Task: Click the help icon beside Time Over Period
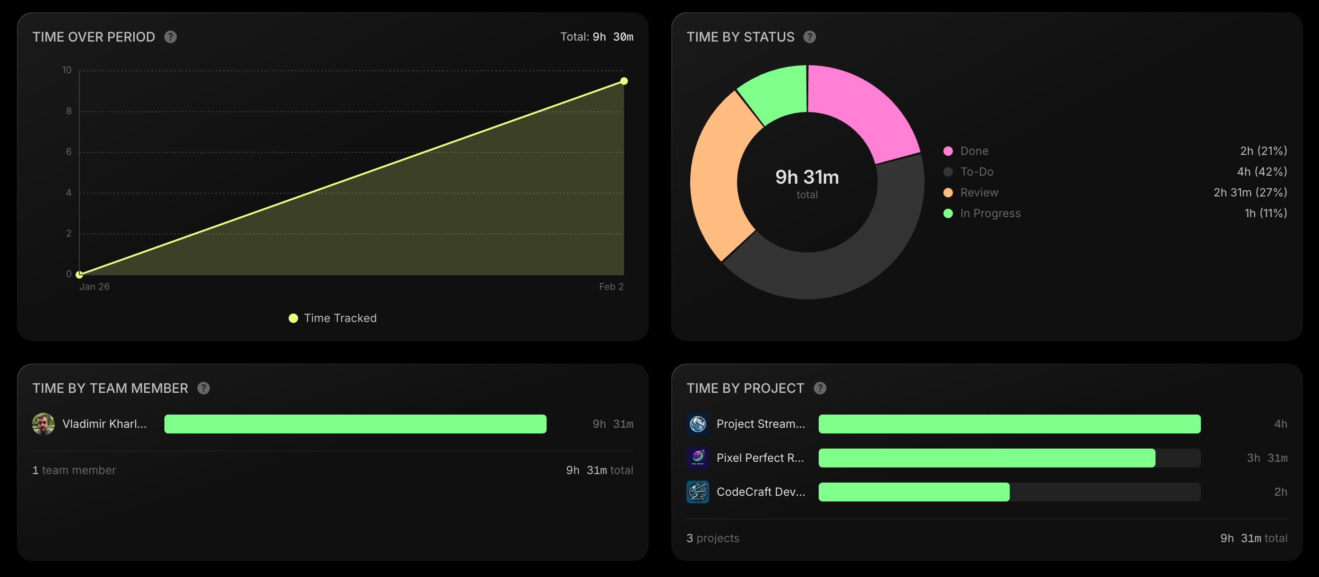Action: point(171,37)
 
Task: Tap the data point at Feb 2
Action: point(624,81)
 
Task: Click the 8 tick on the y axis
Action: point(69,111)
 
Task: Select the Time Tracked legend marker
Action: point(293,318)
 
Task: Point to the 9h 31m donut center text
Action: point(807,177)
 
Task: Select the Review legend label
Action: point(979,193)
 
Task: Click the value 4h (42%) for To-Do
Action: point(1262,171)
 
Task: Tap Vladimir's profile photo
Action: point(43,424)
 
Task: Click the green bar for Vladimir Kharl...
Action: point(355,424)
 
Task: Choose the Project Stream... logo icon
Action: point(697,424)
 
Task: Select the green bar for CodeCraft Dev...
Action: point(914,492)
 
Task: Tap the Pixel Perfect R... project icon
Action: point(697,458)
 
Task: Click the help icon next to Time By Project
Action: point(820,388)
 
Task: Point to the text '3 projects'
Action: point(713,538)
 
